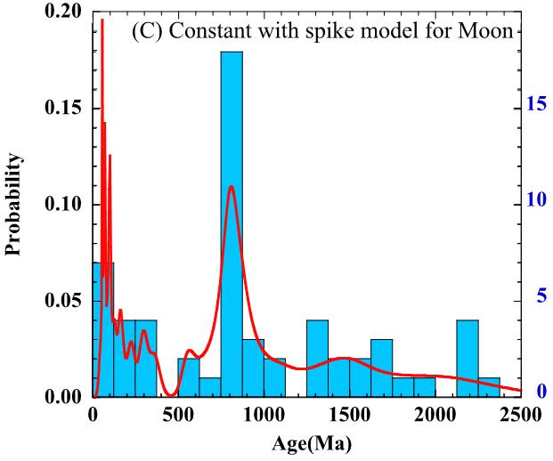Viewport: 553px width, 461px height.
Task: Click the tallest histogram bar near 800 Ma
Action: pos(232,222)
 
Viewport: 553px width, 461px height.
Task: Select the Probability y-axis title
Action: pos(14,204)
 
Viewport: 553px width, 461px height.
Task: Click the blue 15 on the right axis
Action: pos(535,104)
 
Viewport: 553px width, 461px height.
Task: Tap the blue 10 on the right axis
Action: pos(535,200)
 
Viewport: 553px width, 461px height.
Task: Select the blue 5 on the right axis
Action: pos(540,296)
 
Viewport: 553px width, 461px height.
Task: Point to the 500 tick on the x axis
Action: pos(179,415)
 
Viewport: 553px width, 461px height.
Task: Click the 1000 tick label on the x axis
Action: pos(264,415)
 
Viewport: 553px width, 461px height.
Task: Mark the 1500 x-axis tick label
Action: pos(350,415)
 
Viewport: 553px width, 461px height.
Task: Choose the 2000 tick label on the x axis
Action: pos(435,415)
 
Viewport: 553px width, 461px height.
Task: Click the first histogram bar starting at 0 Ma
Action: pos(103,329)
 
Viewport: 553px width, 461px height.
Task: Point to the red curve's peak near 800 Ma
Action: pos(232,187)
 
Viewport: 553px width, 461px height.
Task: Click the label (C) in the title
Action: pos(146,32)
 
